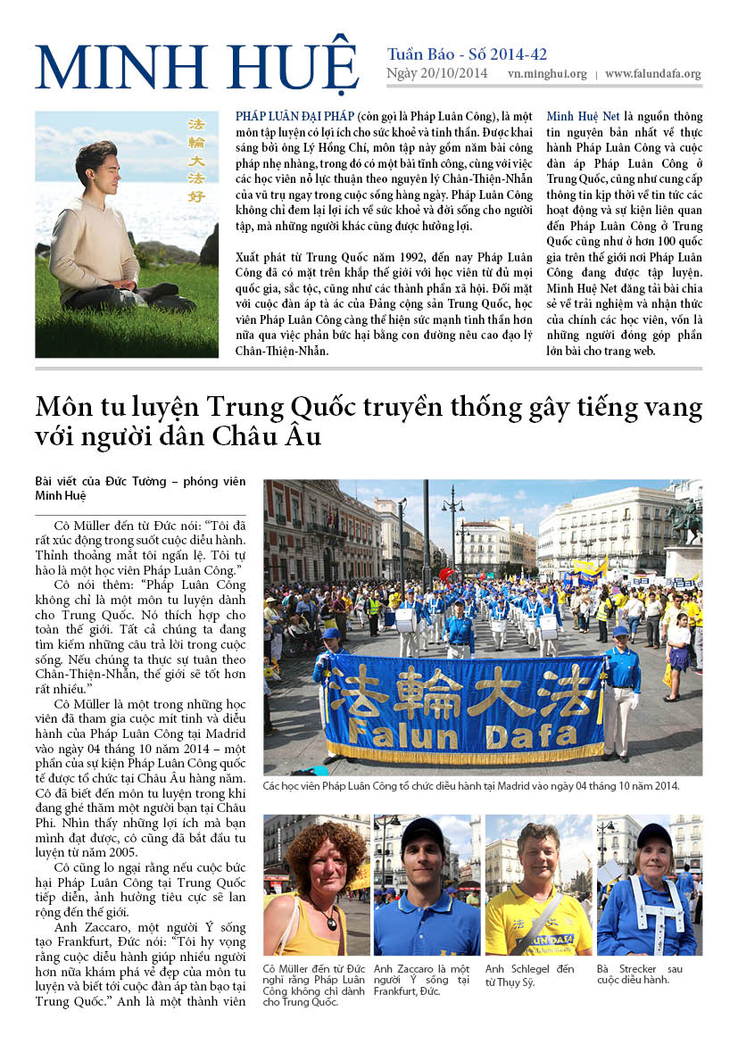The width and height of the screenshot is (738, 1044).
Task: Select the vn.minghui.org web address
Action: tap(547, 75)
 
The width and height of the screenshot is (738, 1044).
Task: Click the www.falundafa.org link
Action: tap(652, 75)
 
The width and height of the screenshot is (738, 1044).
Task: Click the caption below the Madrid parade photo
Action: tap(471, 786)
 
